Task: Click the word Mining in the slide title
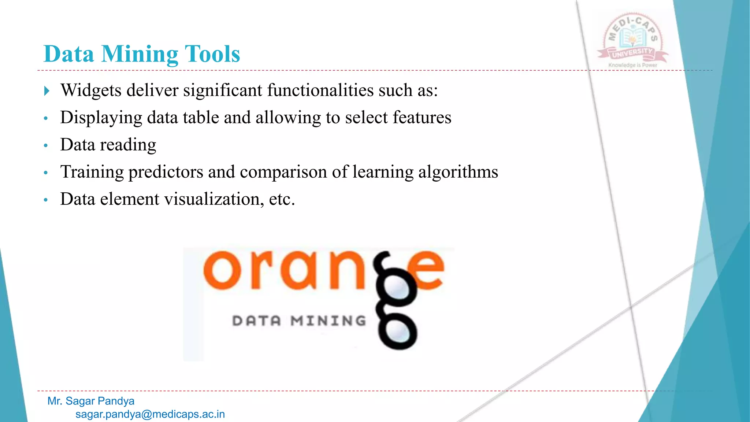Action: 140,54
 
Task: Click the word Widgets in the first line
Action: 91,90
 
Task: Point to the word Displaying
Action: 101,118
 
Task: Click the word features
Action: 422,118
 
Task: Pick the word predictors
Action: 166,172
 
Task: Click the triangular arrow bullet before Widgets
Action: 47,90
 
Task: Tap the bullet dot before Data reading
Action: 46,145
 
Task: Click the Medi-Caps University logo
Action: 632,38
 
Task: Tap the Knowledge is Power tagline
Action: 632,65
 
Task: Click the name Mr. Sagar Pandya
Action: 91,401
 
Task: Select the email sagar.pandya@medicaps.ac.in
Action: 150,414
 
